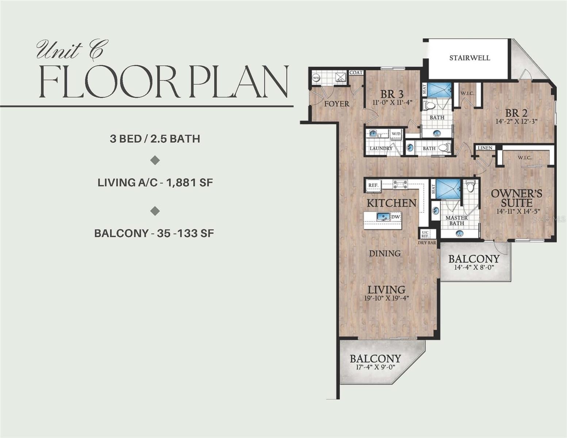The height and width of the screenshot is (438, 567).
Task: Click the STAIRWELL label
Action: (470, 58)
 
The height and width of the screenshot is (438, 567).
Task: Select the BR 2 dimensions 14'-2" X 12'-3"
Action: (517, 122)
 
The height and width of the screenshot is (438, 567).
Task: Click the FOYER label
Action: (337, 104)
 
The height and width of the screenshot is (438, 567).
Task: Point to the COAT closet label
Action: (356, 73)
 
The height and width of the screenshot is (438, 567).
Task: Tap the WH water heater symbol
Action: (316, 78)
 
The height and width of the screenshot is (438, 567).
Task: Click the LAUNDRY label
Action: (380, 149)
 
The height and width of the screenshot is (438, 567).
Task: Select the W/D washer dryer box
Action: (396, 134)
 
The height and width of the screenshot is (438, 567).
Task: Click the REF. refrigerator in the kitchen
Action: (373, 185)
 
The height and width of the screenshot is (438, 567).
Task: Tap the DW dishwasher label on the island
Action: (396, 217)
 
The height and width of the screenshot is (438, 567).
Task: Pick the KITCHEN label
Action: (391, 203)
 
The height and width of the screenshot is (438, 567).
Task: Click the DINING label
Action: (385, 253)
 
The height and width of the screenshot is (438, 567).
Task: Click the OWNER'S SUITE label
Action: (516, 198)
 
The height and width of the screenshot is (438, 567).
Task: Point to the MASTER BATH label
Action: (456, 220)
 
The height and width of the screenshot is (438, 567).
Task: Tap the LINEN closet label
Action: (485, 148)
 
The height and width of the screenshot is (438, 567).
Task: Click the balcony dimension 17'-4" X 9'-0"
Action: (375, 367)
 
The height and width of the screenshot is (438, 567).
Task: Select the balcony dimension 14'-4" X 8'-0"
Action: (474, 267)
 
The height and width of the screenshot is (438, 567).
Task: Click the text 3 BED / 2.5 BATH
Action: (155, 139)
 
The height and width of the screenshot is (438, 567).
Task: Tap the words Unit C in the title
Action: (69, 50)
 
